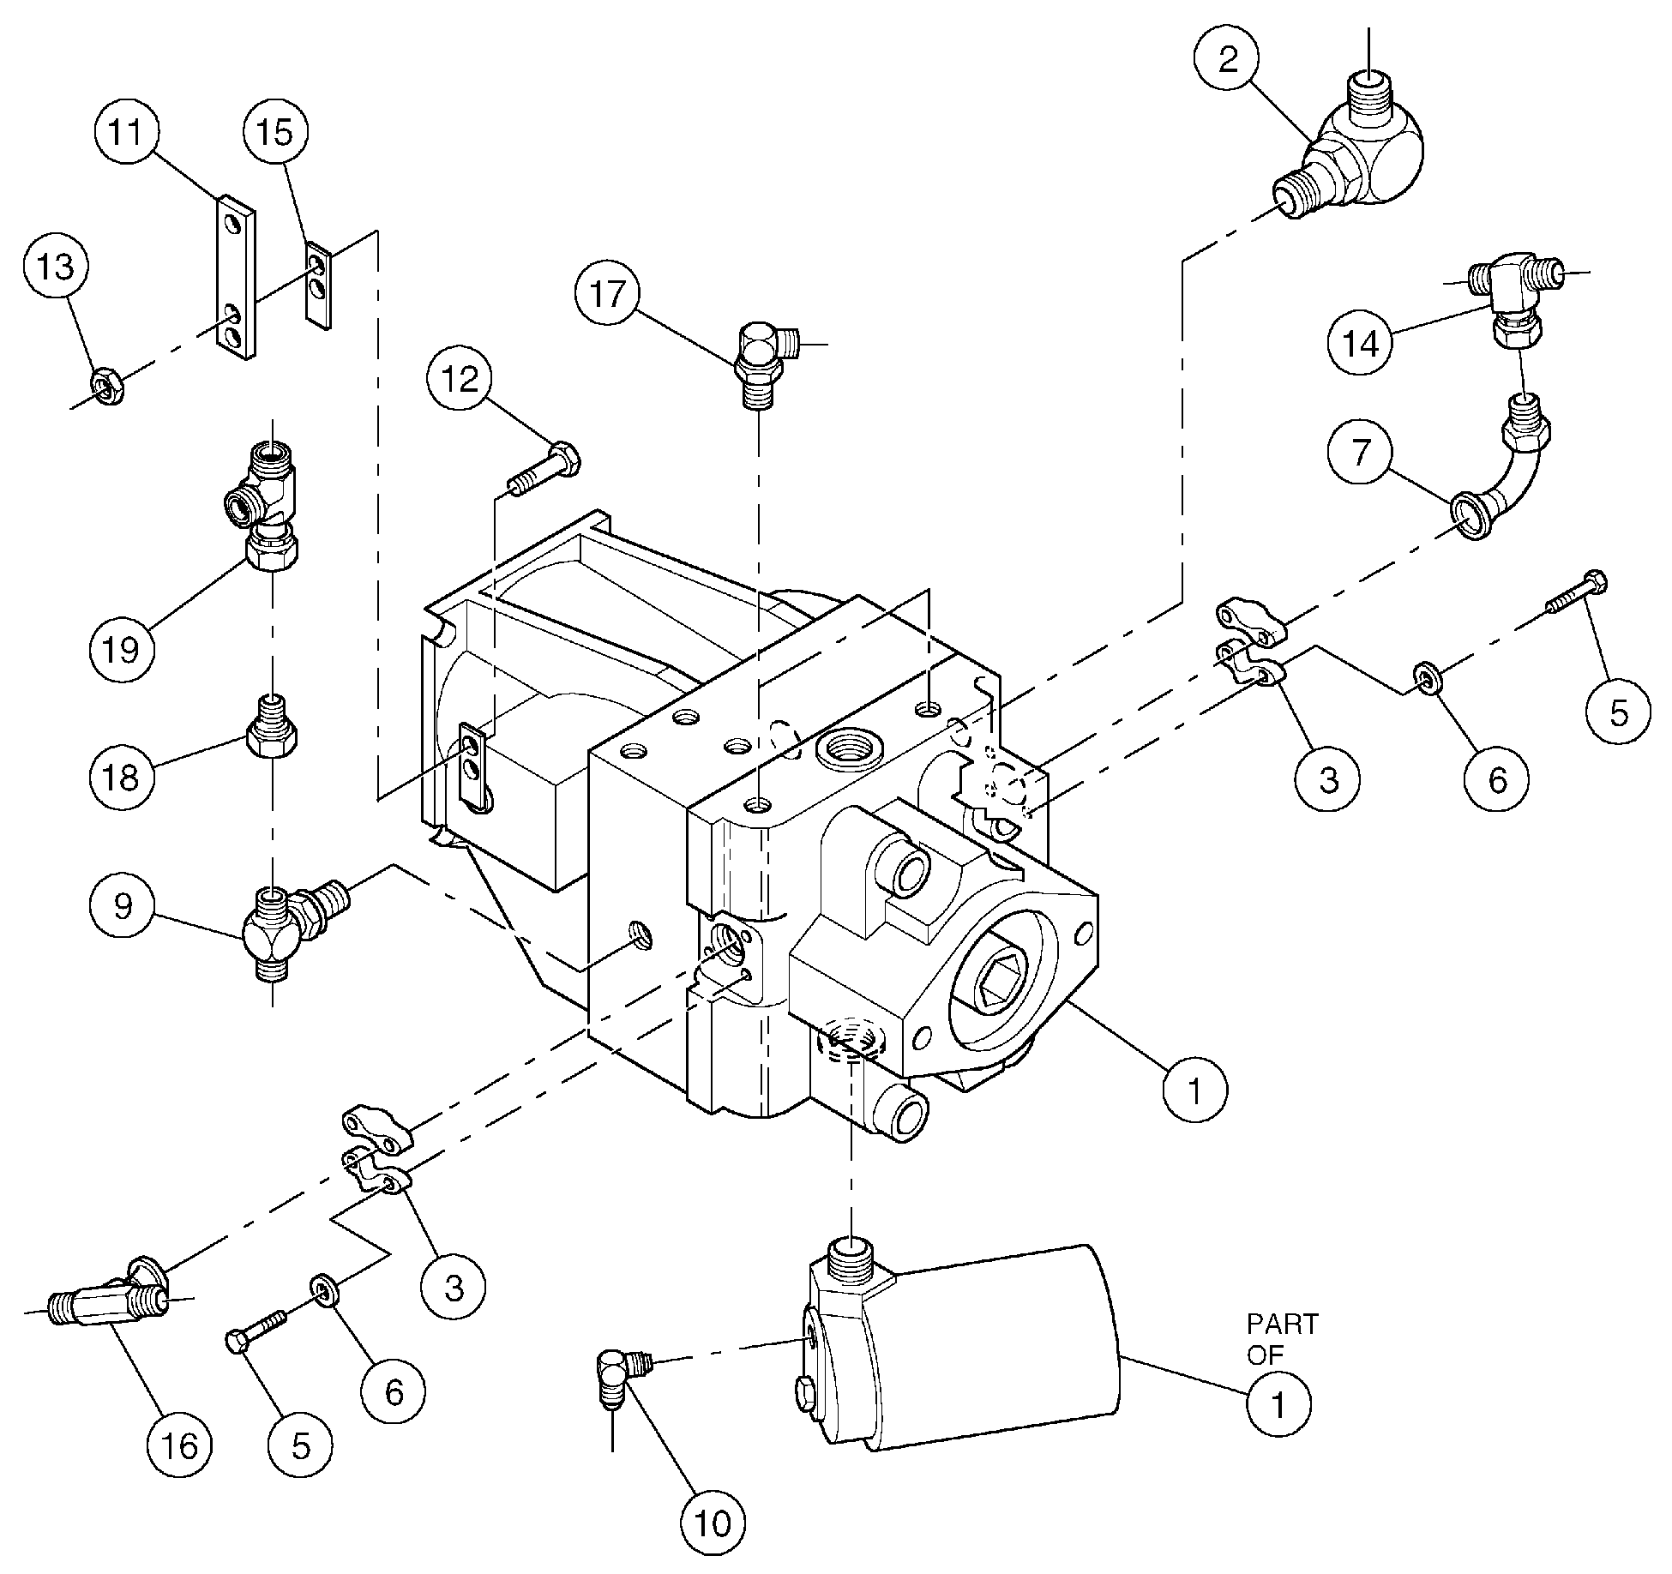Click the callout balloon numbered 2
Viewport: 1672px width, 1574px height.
[1229, 60]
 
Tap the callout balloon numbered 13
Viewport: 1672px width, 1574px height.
[56, 267]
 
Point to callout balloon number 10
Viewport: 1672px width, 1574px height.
[713, 1523]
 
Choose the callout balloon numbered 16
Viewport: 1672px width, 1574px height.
[179, 1446]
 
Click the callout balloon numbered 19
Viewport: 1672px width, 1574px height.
[122, 650]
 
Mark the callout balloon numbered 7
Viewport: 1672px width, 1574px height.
[1361, 452]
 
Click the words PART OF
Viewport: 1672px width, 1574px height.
[1281, 1339]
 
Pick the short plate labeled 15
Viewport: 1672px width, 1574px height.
[318, 283]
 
